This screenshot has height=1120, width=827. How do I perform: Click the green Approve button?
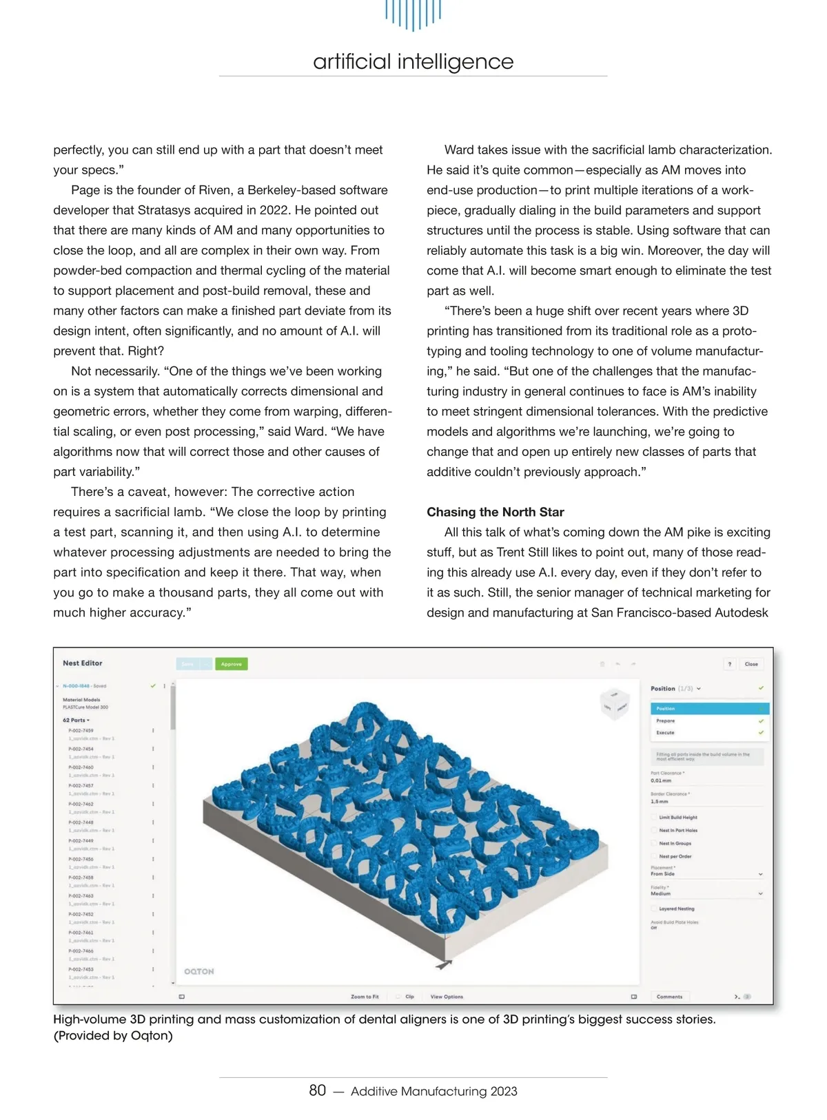[x=232, y=664]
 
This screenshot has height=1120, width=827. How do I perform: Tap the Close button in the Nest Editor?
[x=751, y=664]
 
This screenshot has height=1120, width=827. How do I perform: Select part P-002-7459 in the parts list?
[x=81, y=730]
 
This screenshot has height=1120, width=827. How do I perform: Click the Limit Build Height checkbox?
[x=654, y=818]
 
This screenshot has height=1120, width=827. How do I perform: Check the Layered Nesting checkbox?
[x=654, y=909]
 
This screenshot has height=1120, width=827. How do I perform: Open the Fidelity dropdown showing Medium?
[x=707, y=893]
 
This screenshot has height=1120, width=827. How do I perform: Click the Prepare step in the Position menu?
[x=666, y=720]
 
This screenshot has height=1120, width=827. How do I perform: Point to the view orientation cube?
[x=614, y=705]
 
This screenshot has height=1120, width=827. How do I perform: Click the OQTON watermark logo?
[x=199, y=971]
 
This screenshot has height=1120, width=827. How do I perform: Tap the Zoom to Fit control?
[x=365, y=997]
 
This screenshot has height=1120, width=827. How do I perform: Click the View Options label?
[x=447, y=997]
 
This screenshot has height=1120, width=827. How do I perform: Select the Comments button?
[x=669, y=997]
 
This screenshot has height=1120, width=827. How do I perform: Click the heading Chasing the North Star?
[x=495, y=512]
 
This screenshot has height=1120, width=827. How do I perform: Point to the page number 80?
[x=317, y=1090]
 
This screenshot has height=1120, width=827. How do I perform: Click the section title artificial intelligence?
[x=413, y=61]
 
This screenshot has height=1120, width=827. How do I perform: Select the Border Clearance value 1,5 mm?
[x=660, y=802]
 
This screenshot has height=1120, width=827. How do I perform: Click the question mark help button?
[x=730, y=664]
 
